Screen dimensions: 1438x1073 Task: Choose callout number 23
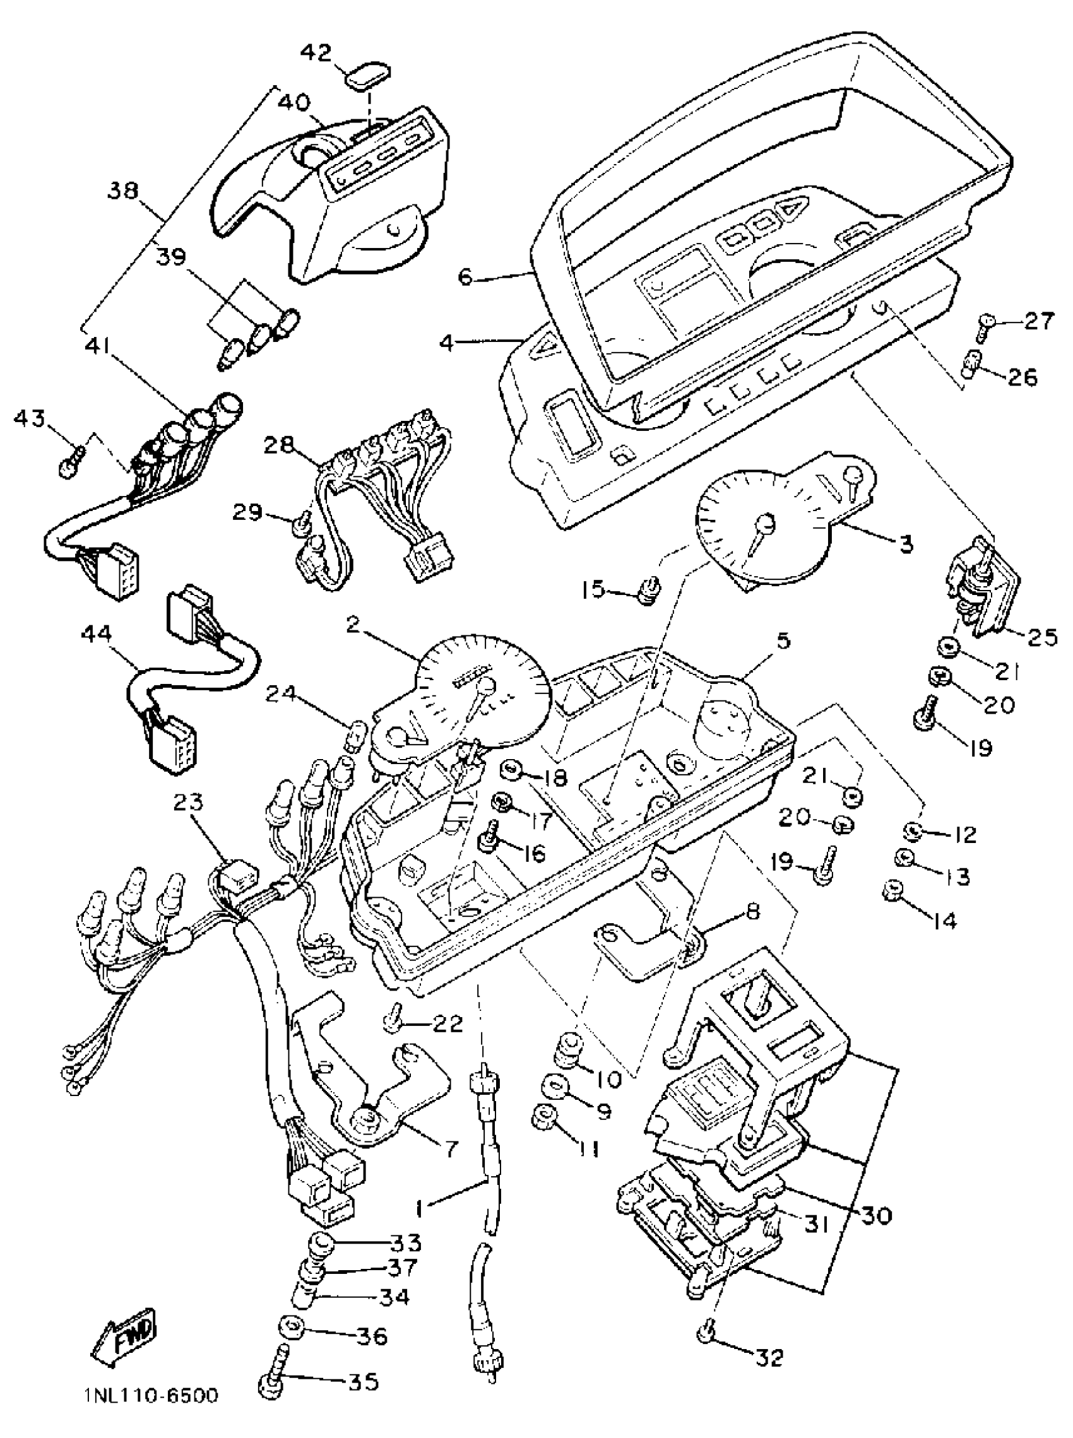pyautogui.click(x=187, y=803)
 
